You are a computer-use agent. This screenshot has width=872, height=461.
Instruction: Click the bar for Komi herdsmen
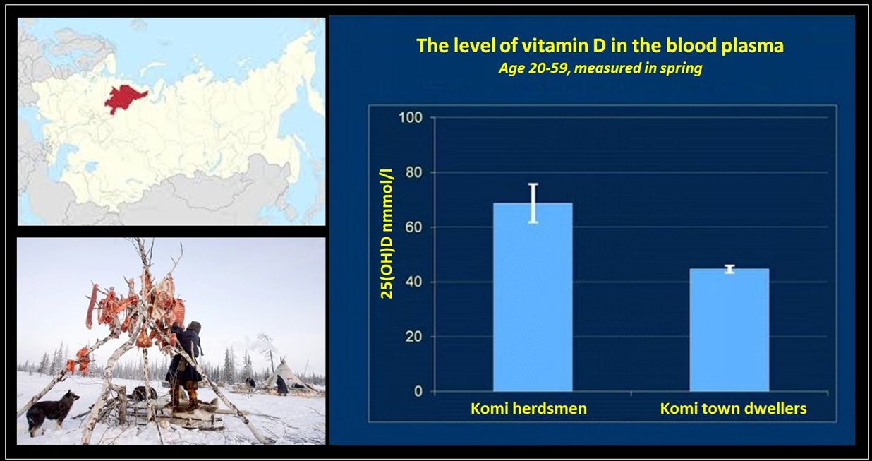[x=533, y=297]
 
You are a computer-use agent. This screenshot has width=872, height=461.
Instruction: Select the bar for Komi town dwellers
[x=729, y=330]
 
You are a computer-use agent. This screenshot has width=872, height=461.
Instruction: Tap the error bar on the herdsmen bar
[x=533, y=203]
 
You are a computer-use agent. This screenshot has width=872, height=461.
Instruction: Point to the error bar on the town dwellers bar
[x=729, y=269]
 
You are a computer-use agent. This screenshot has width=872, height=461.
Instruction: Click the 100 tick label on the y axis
[x=410, y=117]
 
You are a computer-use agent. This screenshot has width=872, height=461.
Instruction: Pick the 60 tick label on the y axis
[x=413, y=227]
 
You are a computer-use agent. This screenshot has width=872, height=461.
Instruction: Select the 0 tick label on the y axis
[x=418, y=391]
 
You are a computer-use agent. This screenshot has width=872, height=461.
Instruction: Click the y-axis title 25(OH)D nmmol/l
[x=387, y=234]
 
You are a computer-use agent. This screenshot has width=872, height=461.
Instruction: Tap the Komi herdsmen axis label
[x=528, y=408]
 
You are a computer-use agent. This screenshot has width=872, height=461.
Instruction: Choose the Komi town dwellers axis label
[x=734, y=408]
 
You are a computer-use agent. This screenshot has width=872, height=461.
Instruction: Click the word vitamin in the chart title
[x=553, y=46]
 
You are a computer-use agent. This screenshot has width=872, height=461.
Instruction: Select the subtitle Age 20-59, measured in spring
[x=600, y=68]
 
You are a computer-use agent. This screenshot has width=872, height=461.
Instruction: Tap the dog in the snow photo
[x=52, y=411]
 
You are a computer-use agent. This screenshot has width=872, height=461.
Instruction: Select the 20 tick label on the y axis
[x=413, y=336]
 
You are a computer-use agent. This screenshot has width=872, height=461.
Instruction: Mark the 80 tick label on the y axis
[x=413, y=172]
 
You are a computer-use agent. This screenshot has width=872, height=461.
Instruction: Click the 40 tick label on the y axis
[x=413, y=282]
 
